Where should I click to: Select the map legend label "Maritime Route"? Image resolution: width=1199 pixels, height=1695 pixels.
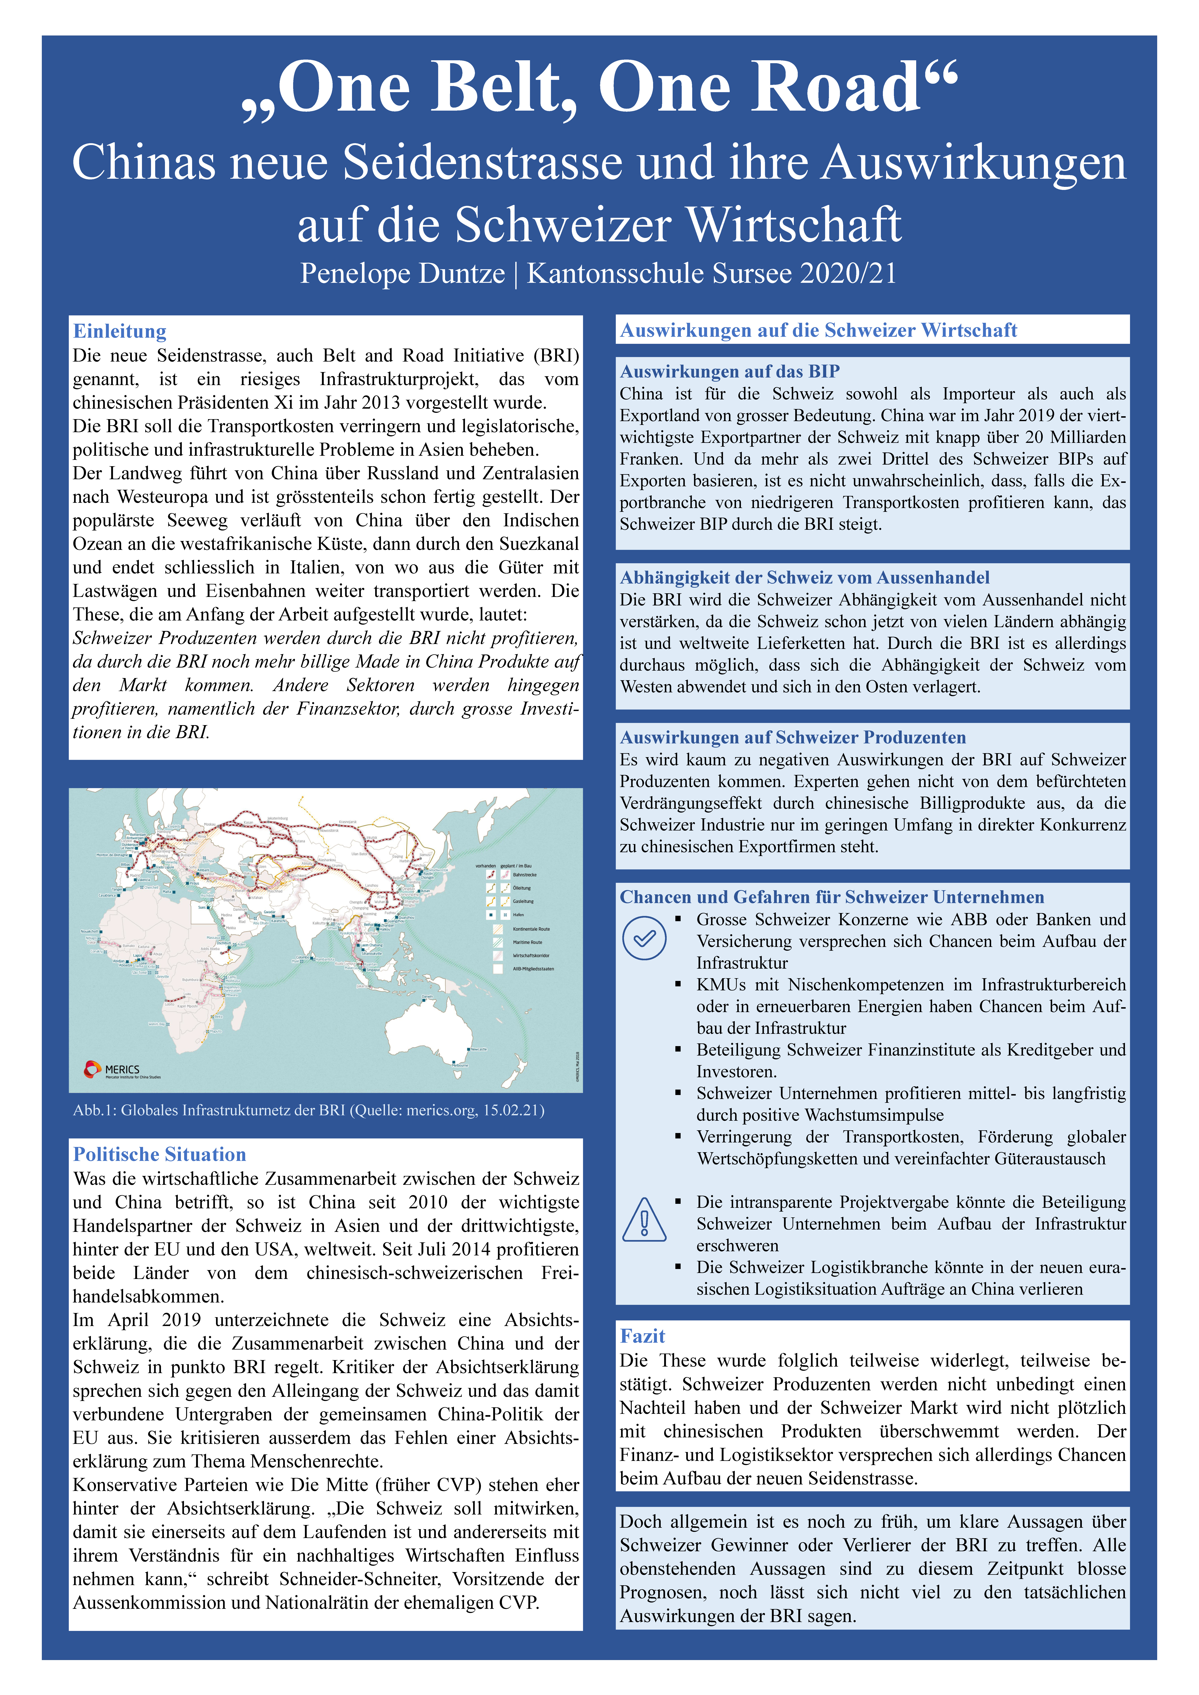coord(527,942)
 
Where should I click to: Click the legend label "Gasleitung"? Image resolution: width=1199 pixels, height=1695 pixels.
coord(523,901)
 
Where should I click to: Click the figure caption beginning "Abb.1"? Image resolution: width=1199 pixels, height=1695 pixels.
coord(309,1110)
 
